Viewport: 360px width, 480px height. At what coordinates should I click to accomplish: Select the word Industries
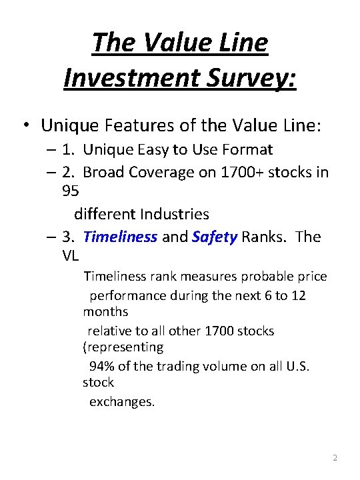[174, 214]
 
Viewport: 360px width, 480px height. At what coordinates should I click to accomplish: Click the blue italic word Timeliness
[121, 237]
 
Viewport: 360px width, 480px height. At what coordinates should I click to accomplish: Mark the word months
[105, 311]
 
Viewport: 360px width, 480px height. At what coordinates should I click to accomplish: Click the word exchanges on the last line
[121, 402]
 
